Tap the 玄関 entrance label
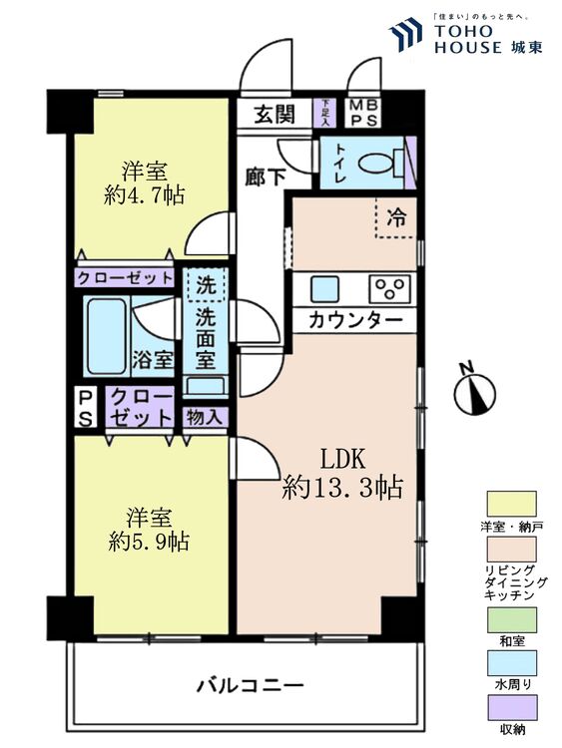point(275,115)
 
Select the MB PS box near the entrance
point(363,113)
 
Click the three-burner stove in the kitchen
point(389,289)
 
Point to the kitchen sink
point(324,289)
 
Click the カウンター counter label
point(355,319)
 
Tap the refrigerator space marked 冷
point(396,217)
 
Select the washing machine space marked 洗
point(206,285)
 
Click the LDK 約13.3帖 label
point(342,474)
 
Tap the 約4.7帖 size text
point(144,195)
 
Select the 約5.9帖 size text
point(149,542)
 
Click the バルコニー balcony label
point(251,686)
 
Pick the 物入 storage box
point(205,418)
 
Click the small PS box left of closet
point(86,407)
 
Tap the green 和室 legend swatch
point(511,619)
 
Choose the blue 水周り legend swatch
point(511,663)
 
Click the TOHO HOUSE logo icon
point(406,34)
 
